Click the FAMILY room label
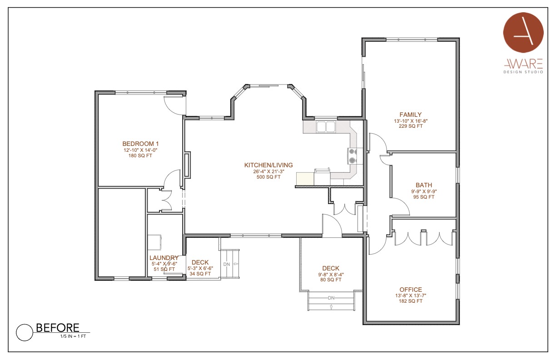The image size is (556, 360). tap(411, 115)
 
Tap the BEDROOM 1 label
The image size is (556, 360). tap(140, 144)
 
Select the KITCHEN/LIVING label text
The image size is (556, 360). tap(268, 165)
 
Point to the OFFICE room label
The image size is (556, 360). tap(411, 290)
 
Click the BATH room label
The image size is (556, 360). tap(424, 185)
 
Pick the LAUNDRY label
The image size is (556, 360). tap(164, 258)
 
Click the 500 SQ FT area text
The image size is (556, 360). tap(268, 177)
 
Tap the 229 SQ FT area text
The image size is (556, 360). tap(411, 126)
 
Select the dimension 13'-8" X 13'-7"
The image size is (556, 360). tap(411, 295)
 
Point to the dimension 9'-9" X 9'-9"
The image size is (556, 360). tap(424, 191)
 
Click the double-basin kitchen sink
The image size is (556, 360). tap(326, 127)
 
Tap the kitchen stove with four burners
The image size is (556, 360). tap(352, 156)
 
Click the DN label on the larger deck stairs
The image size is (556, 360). tap(331, 298)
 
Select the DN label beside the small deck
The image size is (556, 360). tap(227, 265)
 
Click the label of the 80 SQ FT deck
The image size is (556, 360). tap(331, 268)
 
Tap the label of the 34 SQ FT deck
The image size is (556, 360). tap(200, 262)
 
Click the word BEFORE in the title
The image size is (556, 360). tap(58, 328)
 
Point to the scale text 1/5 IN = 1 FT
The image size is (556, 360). tap(73, 336)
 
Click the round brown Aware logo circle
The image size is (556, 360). tap(523, 33)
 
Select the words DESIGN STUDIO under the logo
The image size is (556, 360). tap(523, 72)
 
